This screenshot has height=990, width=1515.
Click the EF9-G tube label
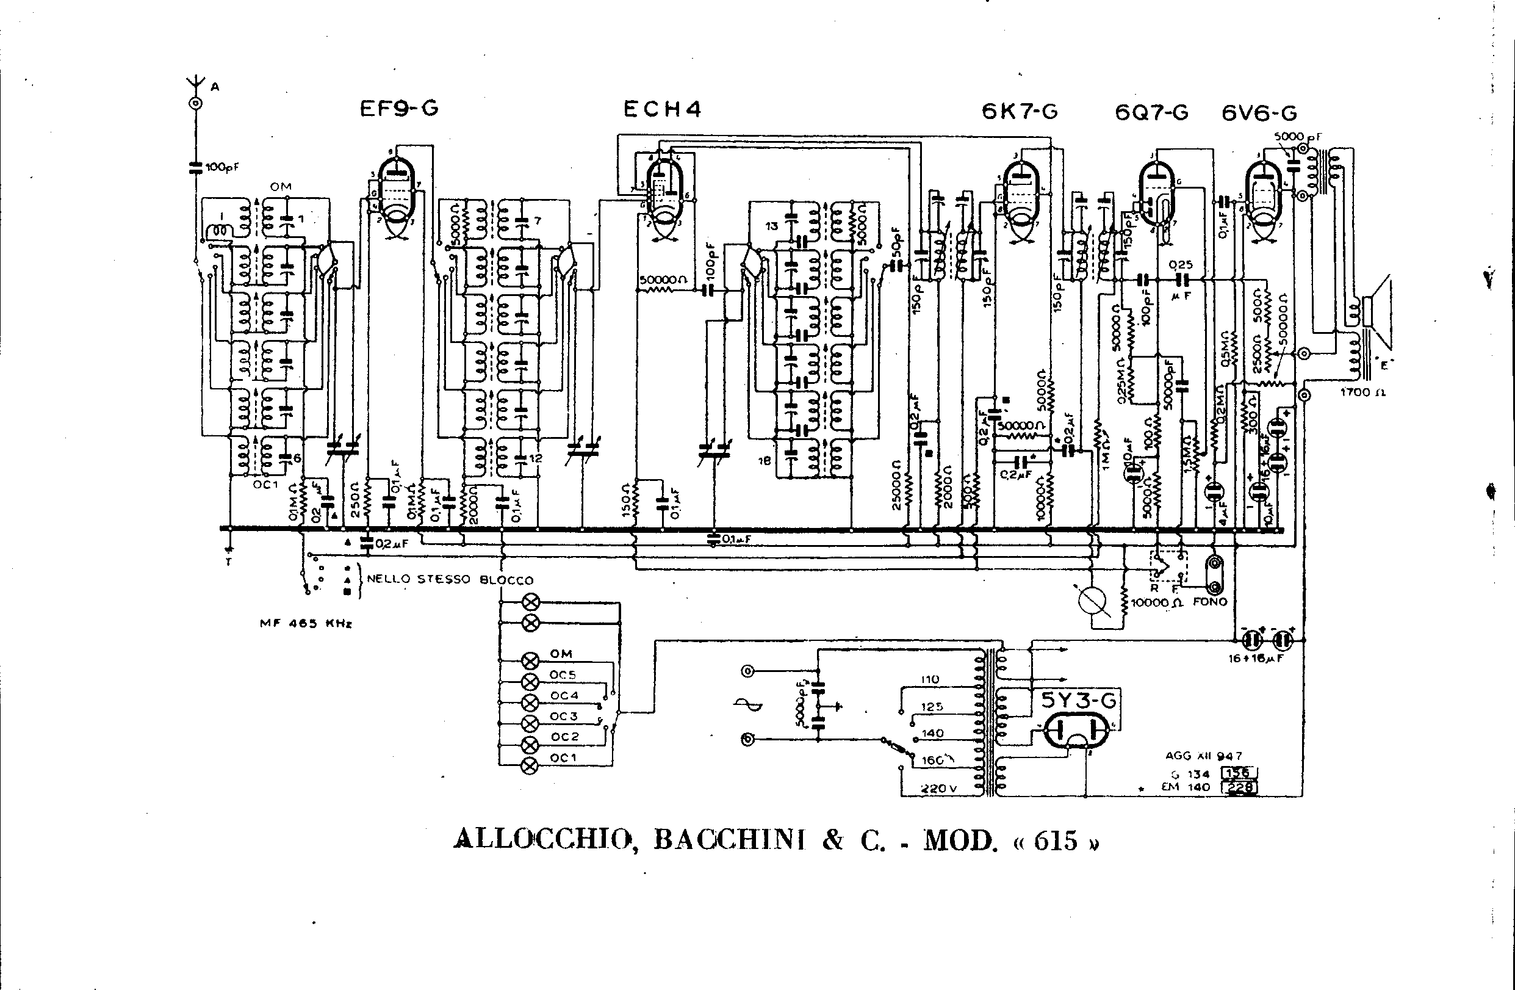[399, 109]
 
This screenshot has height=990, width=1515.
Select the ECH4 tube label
[662, 109]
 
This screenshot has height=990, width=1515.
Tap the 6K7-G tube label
[1020, 112]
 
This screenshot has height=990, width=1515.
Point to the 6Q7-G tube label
[1151, 113]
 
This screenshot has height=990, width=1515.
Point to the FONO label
[1209, 601]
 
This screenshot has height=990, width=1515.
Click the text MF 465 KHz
[306, 624]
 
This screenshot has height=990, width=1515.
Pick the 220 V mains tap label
[939, 788]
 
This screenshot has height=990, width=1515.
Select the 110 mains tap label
[930, 679]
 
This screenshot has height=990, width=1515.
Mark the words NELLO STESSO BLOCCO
[450, 579]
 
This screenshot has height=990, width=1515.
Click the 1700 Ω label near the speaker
[1363, 392]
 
